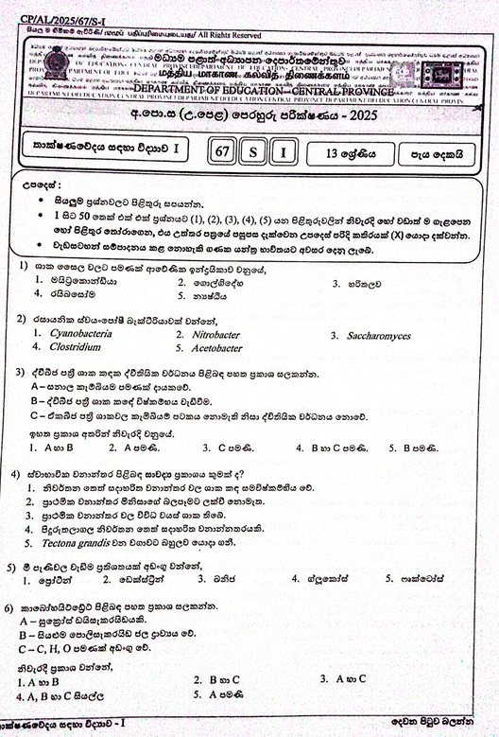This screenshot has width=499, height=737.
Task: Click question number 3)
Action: [21, 372]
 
